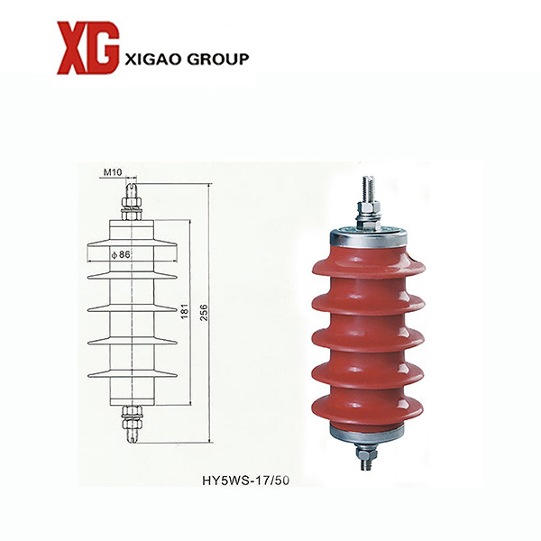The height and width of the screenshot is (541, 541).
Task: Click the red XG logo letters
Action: click(x=88, y=48)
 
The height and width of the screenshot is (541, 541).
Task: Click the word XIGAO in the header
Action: click(x=153, y=59)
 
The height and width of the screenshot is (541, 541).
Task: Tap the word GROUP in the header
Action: click(x=217, y=59)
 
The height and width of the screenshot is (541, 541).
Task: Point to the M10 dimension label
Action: click(x=113, y=172)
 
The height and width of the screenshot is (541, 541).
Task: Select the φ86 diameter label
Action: click(x=121, y=254)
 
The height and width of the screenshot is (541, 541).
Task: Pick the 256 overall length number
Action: click(x=205, y=312)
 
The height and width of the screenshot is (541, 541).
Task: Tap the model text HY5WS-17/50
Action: click(x=245, y=481)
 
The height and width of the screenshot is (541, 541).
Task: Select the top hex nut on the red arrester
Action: click(x=369, y=207)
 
